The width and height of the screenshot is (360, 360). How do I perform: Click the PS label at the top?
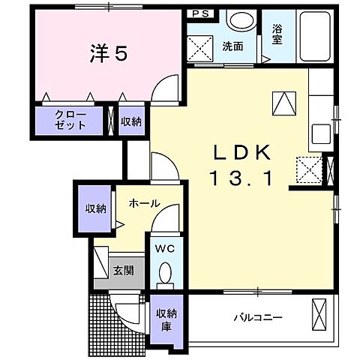click(x=200, y=14)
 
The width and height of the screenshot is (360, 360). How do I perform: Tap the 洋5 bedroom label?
click(x=109, y=53)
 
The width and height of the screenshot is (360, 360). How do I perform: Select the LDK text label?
click(x=241, y=153)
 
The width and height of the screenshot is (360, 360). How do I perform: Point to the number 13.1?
click(x=241, y=178)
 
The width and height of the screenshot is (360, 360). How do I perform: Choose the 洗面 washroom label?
click(x=232, y=46)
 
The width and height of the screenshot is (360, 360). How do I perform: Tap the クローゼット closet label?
click(x=70, y=120)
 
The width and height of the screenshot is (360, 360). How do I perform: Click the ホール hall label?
click(x=145, y=204)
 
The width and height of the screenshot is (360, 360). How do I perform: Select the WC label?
click(x=164, y=249)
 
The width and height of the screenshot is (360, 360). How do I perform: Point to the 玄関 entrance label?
click(x=124, y=271)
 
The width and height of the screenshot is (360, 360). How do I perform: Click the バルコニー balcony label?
click(x=258, y=318)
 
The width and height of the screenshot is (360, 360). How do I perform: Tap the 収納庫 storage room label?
click(x=166, y=320)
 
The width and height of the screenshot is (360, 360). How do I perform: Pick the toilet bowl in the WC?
click(x=165, y=275)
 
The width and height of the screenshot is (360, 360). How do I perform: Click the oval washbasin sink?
click(x=242, y=19)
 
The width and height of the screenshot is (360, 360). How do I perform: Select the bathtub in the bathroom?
click(x=315, y=37)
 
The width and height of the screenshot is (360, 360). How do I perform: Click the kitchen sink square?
click(x=321, y=133)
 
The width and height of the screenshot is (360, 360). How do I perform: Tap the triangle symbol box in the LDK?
click(x=284, y=103)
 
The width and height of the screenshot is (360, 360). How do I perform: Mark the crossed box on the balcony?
click(x=319, y=314)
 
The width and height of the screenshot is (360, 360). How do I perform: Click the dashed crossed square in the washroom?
click(x=200, y=48)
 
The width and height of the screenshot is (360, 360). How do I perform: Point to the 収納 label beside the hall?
click(x=96, y=208)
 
